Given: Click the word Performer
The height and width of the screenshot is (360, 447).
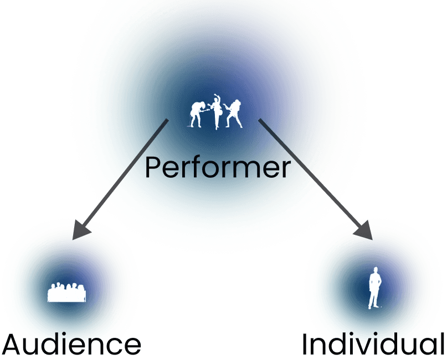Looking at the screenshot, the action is click(x=218, y=167).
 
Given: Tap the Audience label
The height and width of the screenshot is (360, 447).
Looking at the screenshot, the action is click(x=71, y=346).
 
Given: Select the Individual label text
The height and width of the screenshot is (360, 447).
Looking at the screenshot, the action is click(x=373, y=344).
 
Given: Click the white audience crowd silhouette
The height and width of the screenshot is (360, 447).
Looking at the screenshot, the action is click(x=66, y=292).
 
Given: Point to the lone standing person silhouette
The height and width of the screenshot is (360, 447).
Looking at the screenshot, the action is click(x=375, y=288).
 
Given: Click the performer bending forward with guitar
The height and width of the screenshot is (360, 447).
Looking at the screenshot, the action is click(x=197, y=113).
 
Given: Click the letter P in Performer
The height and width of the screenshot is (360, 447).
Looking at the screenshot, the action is click(x=152, y=167).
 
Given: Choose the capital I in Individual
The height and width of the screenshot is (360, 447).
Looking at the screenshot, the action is click(x=305, y=344).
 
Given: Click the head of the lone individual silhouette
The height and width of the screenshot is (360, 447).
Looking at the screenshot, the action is click(x=376, y=270).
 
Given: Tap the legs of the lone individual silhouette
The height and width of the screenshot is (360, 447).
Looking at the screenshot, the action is click(x=374, y=299).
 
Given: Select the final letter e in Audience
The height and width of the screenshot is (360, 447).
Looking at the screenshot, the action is click(x=131, y=347).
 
